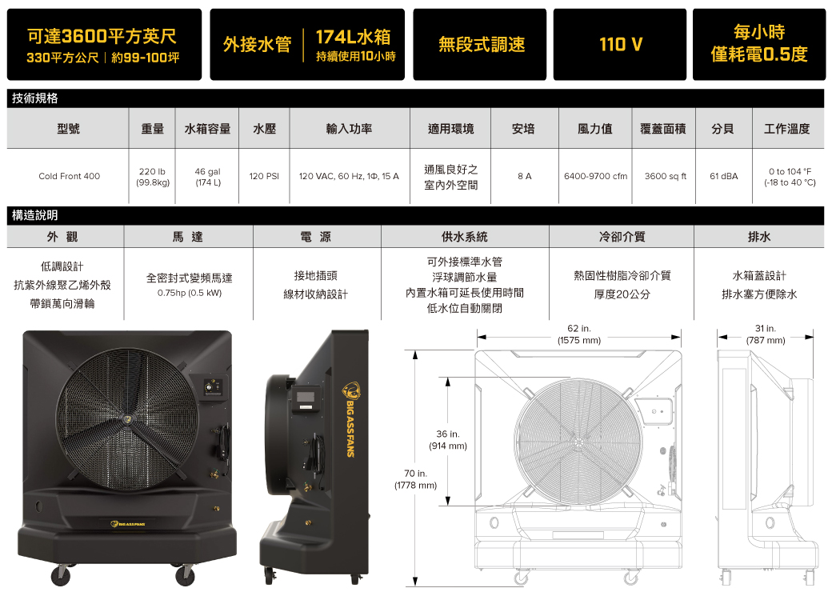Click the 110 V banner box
click(620, 45)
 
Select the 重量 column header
click(152, 129)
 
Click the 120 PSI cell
click(264, 176)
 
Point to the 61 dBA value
click(724, 176)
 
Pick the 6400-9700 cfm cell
click(595, 176)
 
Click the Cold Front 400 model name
click(69, 176)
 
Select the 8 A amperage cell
click(524, 176)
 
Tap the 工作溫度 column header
click(787, 129)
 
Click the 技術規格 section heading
click(35, 98)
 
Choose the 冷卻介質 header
click(622, 237)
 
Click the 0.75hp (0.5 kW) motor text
click(190, 293)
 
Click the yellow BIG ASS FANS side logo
click(350, 419)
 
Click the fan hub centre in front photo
click(128, 419)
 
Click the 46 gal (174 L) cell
click(207, 177)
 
